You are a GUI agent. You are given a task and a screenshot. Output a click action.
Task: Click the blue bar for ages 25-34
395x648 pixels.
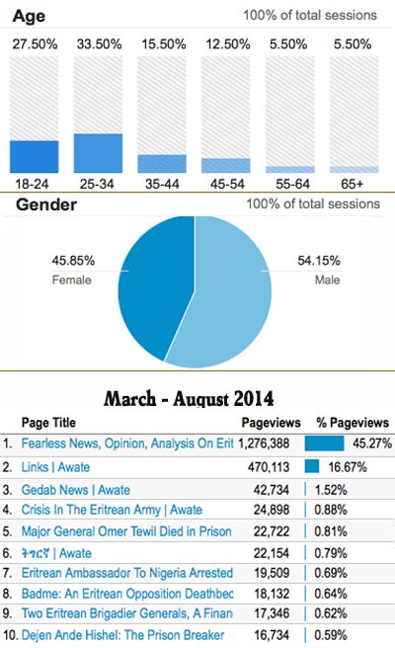[x=99, y=153]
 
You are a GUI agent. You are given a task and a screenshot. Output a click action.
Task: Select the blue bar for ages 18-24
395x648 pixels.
[x=35, y=157]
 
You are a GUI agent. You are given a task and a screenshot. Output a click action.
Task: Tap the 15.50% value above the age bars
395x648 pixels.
[x=164, y=44]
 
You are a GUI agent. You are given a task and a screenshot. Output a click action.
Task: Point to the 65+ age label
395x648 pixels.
[x=352, y=184]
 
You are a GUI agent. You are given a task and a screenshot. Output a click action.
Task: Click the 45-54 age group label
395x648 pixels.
[x=227, y=184]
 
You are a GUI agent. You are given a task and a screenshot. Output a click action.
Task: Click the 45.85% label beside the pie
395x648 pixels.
[x=73, y=261]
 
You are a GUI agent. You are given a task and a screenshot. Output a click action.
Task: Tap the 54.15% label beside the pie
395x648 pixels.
[x=319, y=261]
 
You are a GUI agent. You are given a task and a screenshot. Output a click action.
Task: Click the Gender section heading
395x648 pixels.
[x=46, y=204]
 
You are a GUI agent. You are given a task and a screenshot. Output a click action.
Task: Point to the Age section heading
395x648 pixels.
[x=29, y=16]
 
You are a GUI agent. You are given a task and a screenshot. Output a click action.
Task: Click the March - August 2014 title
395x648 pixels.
[x=189, y=399]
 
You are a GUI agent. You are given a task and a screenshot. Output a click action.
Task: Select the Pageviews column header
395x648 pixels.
[x=271, y=423]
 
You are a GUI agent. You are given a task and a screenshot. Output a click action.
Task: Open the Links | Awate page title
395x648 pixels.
[x=55, y=467]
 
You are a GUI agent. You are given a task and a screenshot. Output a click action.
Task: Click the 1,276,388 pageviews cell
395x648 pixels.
[x=264, y=444]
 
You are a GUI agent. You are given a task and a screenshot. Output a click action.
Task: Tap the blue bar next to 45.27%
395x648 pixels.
[x=324, y=444]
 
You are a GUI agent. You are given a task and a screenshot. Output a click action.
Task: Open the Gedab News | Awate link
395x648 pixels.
[x=76, y=490]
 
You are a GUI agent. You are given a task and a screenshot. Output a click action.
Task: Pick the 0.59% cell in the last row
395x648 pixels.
[x=331, y=635]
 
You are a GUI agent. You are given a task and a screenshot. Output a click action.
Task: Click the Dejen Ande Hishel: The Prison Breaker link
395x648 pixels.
[x=122, y=635]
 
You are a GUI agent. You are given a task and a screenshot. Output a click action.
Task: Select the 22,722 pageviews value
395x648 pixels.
[x=272, y=531]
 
